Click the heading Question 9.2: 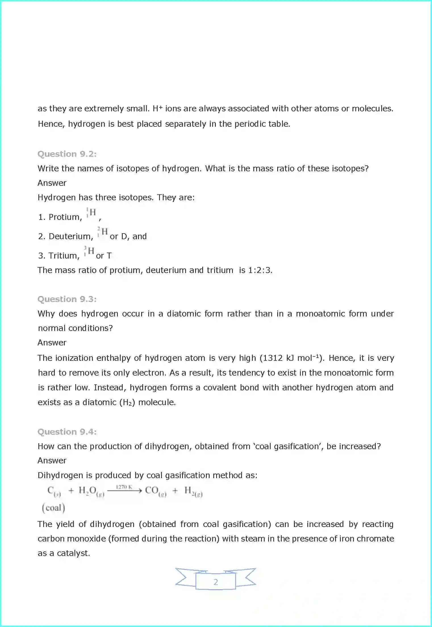tap(67, 154)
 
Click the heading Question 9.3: tap(67, 299)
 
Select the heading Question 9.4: tap(67, 432)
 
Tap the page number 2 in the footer tap(216, 582)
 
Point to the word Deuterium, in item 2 tap(71, 236)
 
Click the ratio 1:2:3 tap(260, 270)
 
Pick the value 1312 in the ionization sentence tap(273, 358)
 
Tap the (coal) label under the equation tap(53, 508)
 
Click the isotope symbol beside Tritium tap(89, 251)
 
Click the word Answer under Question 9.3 tap(52, 343)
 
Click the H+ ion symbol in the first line tap(157, 108)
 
